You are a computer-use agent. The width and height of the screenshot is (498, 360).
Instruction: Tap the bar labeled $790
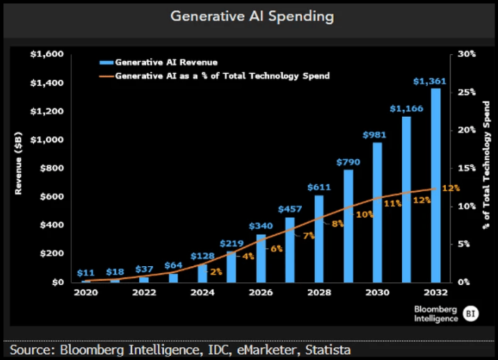[x=348, y=226]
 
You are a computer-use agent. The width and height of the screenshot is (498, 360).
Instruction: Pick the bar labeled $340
[x=261, y=258]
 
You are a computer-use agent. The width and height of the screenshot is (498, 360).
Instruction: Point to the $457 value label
[x=290, y=209]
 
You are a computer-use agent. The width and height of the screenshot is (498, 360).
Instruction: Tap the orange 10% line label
[x=364, y=214]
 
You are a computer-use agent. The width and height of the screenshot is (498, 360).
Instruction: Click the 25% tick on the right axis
[x=466, y=92]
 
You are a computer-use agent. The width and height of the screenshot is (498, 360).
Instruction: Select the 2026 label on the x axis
[x=262, y=293]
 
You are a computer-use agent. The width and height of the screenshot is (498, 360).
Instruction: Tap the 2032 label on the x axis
[x=436, y=293]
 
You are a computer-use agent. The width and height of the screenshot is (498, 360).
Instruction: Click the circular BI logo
[x=470, y=313]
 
